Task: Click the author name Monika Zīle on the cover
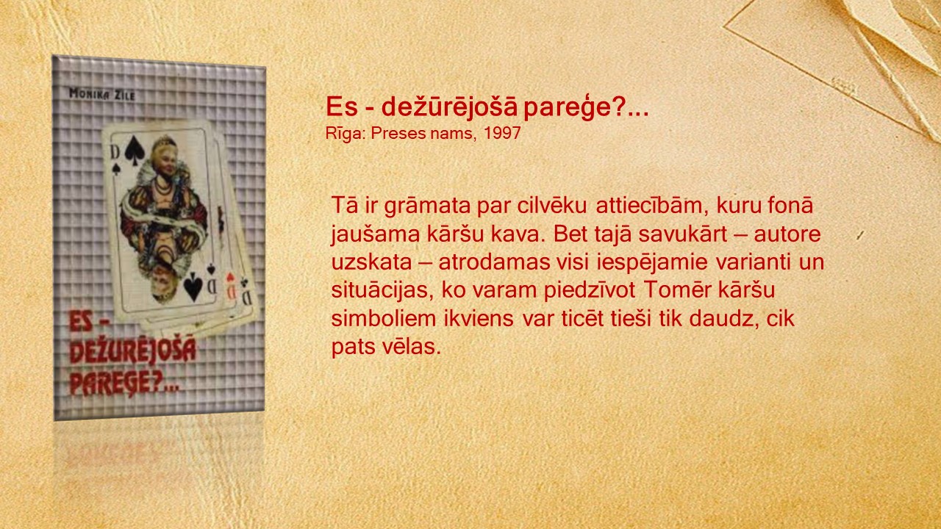coord(102,95)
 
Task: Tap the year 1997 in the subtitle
coord(502,134)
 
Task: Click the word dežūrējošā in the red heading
coord(449,107)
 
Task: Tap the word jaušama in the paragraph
coord(375,235)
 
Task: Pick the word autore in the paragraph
coord(787,234)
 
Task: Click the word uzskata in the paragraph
coord(371,262)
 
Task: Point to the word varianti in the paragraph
coord(754,262)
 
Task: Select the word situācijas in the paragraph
coord(382,290)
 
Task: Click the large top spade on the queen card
coord(135,148)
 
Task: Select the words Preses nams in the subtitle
coord(423,134)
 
